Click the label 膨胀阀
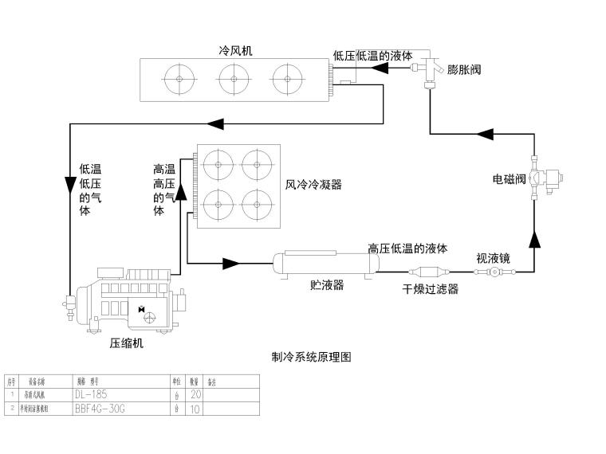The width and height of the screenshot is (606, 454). pyautogui.click(x=464, y=70)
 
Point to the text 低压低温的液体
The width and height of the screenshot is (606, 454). pyautogui.click(x=372, y=57)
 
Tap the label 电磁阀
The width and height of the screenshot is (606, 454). pyautogui.click(x=508, y=179)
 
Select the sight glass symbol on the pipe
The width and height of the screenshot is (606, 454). pyautogui.click(x=495, y=272)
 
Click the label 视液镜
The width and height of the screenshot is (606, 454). pyautogui.click(x=493, y=257)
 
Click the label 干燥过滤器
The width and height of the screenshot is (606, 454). pyautogui.click(x=430, y=289)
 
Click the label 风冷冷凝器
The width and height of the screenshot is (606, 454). pyautogui.click(x=313, y=185)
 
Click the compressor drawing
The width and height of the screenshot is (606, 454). pyautogui.click(x=131, y=299)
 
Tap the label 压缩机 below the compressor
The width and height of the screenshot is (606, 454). pyautogui.click(x=127, y=344)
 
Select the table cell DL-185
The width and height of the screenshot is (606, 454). pyautogui.click(x=90, y=394)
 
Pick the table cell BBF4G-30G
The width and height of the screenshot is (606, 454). pyautogui.click(x=100, y=409)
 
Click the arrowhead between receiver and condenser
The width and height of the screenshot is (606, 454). pyautogui.click(x=231, y=263)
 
